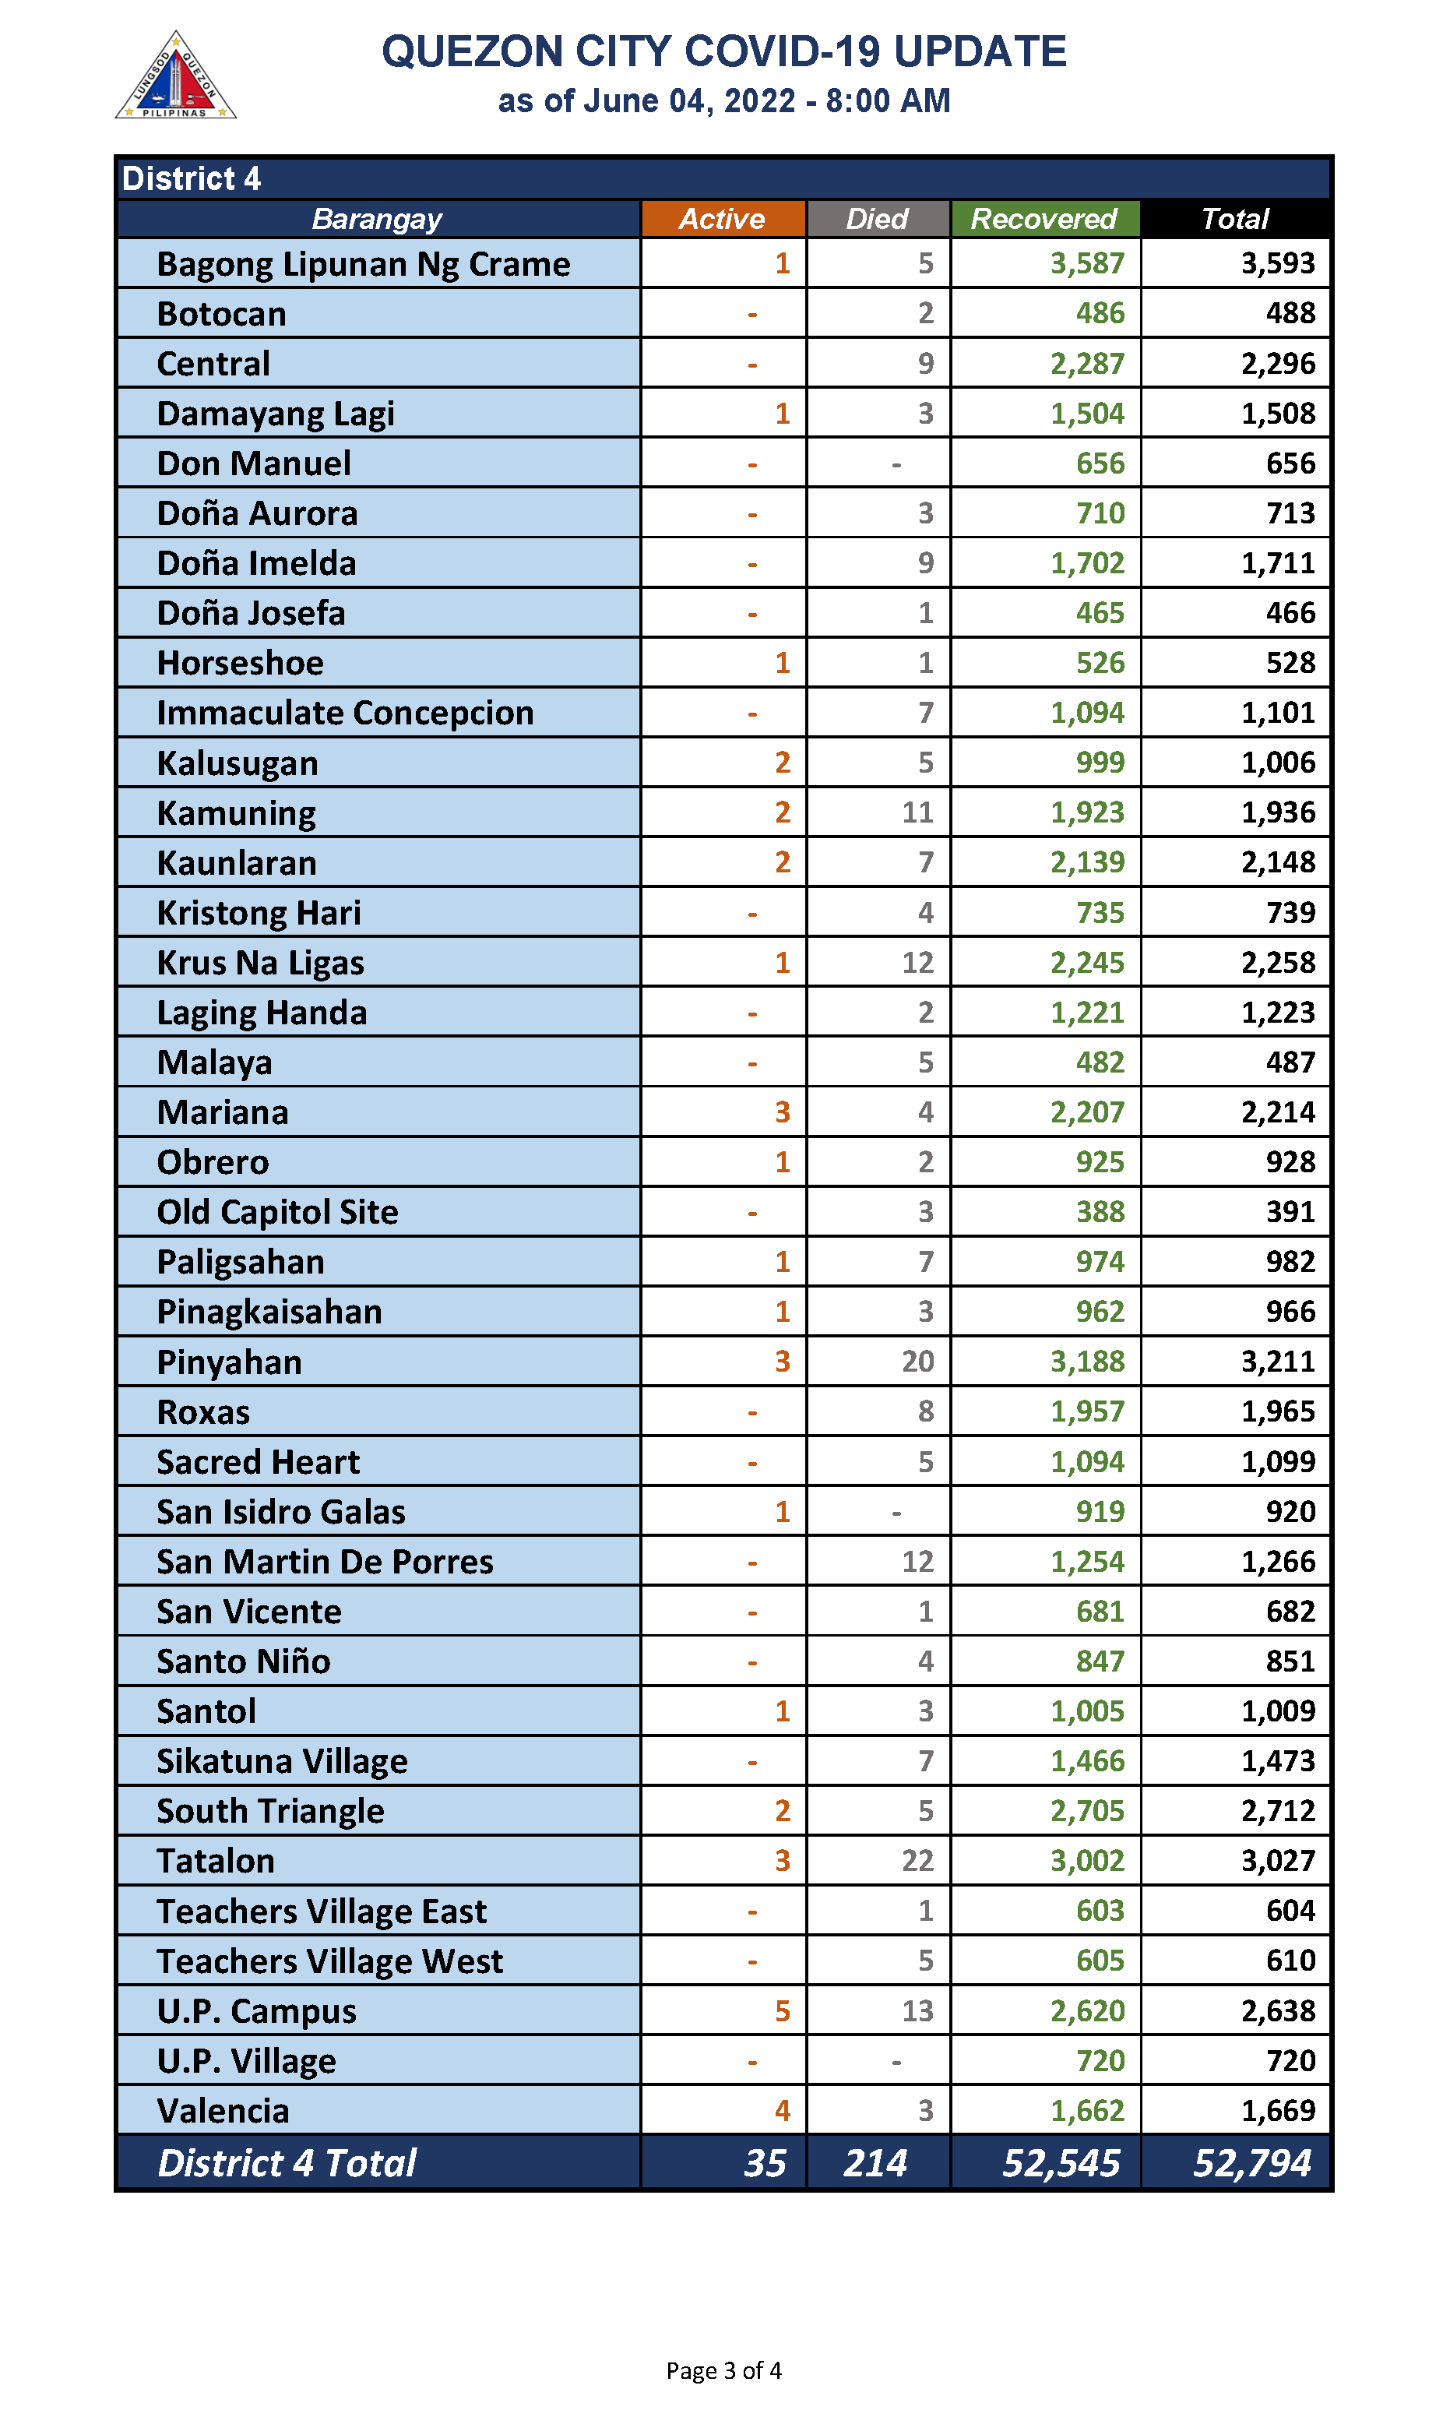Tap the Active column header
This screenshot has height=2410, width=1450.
pos(722,219)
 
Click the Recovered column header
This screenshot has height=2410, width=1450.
pos(1044,219)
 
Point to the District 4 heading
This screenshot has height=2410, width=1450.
pos(192,179)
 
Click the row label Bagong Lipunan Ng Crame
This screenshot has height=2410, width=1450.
pos(364,264)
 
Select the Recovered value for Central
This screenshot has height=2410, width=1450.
pos(1086,364)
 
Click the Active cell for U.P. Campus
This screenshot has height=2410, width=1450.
pos(782,2010)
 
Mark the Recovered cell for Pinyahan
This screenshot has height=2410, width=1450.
pos(1086,1362)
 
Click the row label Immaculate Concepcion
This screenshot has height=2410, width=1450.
pos(345,713)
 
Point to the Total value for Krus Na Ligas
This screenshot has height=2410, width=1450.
pos(1277,963)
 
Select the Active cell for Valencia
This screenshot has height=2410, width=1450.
pos(782,2110)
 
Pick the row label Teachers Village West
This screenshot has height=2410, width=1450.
pos(329,1961)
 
